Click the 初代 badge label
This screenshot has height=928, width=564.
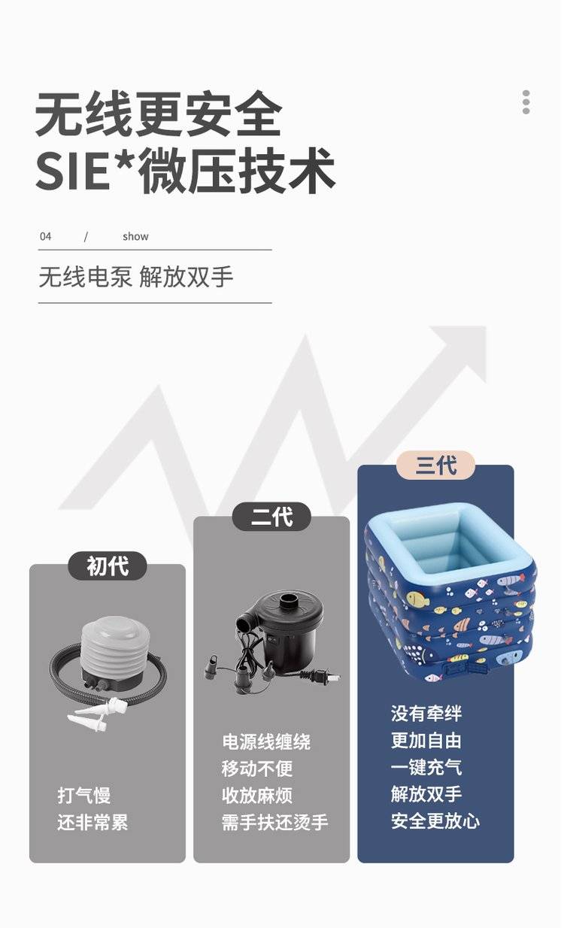108,566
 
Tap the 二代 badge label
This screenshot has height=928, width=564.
271,517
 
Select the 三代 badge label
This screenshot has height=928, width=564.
435,466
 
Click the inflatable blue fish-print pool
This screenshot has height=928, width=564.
450,593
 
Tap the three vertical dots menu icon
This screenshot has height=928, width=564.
526,102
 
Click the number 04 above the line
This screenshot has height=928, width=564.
46,237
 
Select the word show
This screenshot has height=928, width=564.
135,237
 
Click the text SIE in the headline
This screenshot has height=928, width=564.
74,171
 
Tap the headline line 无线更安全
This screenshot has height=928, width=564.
159,113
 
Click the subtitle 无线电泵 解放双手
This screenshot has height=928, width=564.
136,277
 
